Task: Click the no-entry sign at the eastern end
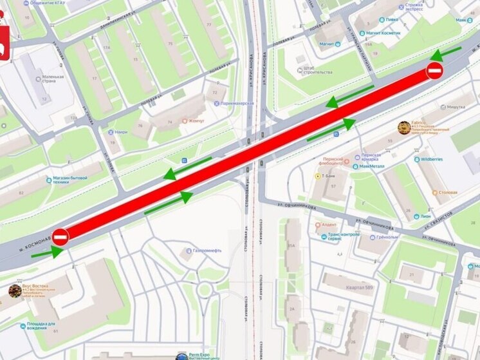[x=434, y=71]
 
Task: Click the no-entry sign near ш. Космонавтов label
[x=60, y=237]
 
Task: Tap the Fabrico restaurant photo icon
[x=404, y=128]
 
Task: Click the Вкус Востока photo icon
[x=14, y=291]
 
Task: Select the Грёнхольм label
[x=387, y=236]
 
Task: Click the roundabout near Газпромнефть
[x=205, y=289]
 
